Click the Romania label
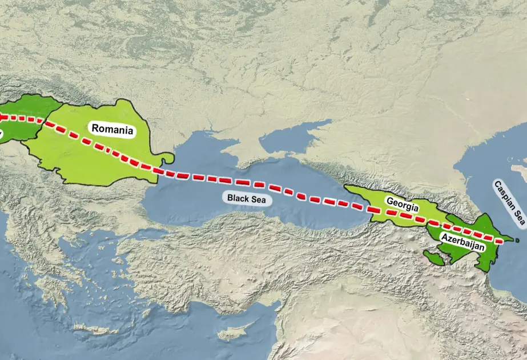tap(112, 129)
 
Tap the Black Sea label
tap(246, 199)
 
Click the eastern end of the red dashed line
tap(502, 239)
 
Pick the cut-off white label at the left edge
tap(1, 135)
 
